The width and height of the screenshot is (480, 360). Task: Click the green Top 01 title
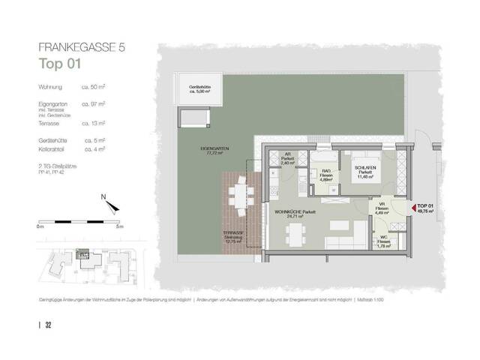coord(59,64)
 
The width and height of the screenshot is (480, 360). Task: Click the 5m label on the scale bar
coord(118,225)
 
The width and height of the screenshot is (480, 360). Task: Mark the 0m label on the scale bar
coord(40,225)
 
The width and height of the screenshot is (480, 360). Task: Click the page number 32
coord(48,325)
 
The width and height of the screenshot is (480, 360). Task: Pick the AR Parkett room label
coord(286,159)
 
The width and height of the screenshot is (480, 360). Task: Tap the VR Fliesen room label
coord(380,207)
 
